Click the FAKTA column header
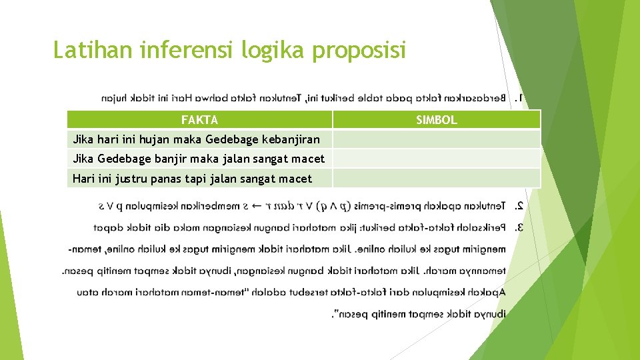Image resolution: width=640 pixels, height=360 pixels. pyautogui.click(x=199, y=120)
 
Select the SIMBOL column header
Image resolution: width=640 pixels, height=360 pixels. pyautogui.click(x=436, y=120)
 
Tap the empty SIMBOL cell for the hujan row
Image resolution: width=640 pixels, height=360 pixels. pyautogui.click(x=436, y=139)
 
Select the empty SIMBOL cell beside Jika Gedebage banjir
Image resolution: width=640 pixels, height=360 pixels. pyautogui.click(x=436, y=158)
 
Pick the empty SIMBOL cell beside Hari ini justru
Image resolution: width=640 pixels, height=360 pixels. pyautogui.click(x=436, y=178)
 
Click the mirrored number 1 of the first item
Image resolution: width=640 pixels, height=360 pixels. pyautogui.click(x=519, y=99)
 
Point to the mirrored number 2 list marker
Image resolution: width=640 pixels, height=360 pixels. pyautogui.click(x=519, y=207)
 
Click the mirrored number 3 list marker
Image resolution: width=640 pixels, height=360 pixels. pyautogui.click(x=519, y=228)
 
